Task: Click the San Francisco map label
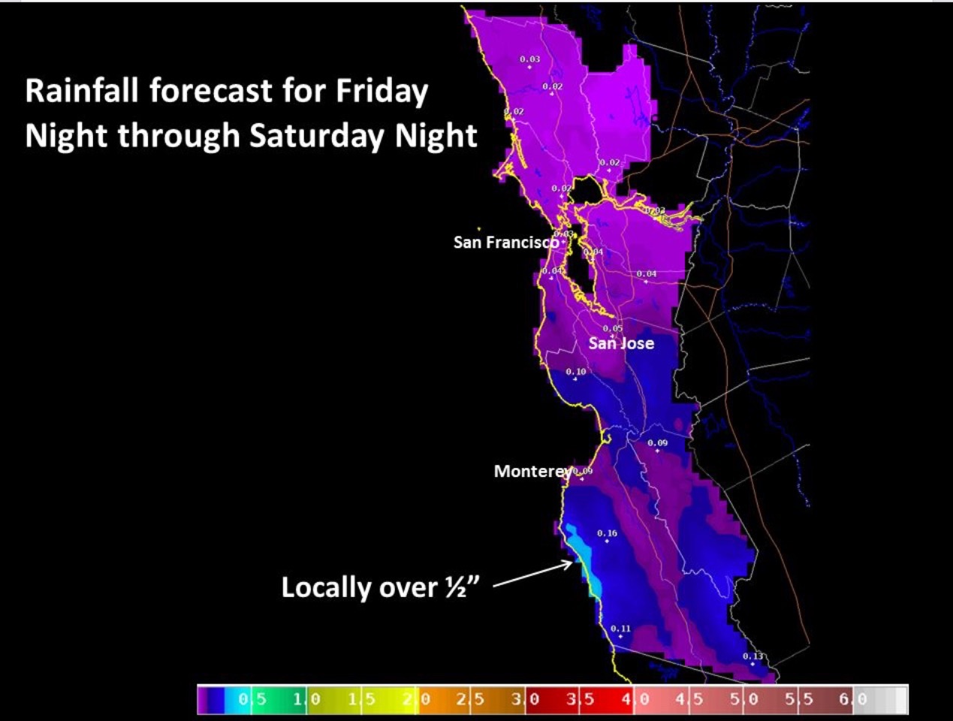(x=505, y=243)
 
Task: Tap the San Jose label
(x=621, y=343)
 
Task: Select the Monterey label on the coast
(x=531, y=472)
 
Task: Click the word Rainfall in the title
(x=83, y=91)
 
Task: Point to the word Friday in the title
(x=382, y=91)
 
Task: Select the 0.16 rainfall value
(x=607, y=533)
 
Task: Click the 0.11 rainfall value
(x=620, y=629)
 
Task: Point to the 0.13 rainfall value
(x=752, y=656)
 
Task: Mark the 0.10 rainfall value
(x=575, y=372)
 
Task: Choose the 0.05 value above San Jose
(x=612, y=328)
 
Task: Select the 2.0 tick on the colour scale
(x=416, y=699)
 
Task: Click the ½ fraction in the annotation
(x=455, y=587)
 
